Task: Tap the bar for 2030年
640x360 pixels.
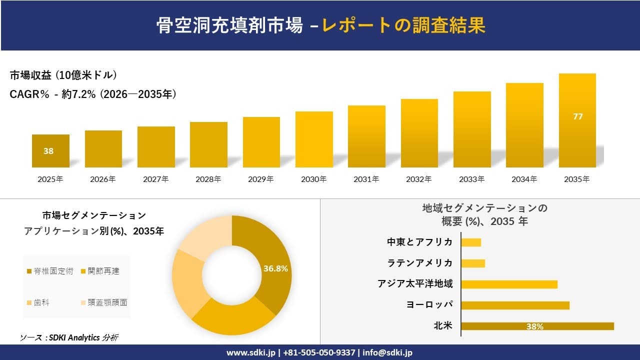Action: [314, 139]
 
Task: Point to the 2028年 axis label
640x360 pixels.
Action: [208, 179]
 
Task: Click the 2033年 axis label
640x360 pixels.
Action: [472, 179]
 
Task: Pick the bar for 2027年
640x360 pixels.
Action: [156, 147]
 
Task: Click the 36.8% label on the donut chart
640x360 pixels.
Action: [275, 268]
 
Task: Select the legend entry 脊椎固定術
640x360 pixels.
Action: [50, 271]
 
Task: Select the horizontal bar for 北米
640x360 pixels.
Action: [537, 326]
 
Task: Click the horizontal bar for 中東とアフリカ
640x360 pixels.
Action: [470, 242]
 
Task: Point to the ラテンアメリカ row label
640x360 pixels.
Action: [420, 263]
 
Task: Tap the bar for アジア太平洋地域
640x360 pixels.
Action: [509, 284]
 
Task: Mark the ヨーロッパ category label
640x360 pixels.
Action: [428, 305]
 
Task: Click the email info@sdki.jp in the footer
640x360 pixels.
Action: [387, 352]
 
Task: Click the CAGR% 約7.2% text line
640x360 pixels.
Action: [93, 94]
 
